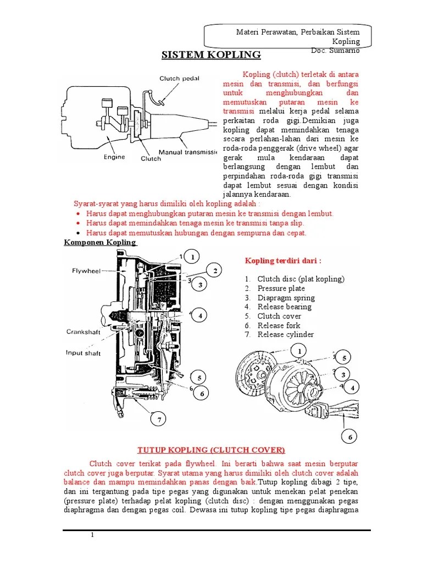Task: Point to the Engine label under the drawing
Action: pos(114,157)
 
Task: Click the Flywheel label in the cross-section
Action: pos(86,271)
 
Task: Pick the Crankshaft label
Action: pos(84,332)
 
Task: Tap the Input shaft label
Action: pos(84,353)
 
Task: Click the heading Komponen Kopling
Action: pos(99,242)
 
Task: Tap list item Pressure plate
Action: pos(281,289)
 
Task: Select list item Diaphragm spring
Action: pos(286,298)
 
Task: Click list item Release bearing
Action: pos(284,307)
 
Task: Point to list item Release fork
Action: pos(279,325)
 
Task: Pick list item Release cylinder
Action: pos(285,334)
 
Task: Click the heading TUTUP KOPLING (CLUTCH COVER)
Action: pos(211,450)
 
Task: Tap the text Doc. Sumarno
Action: pos(335,51)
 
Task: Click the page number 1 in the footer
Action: pos(93,535)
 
